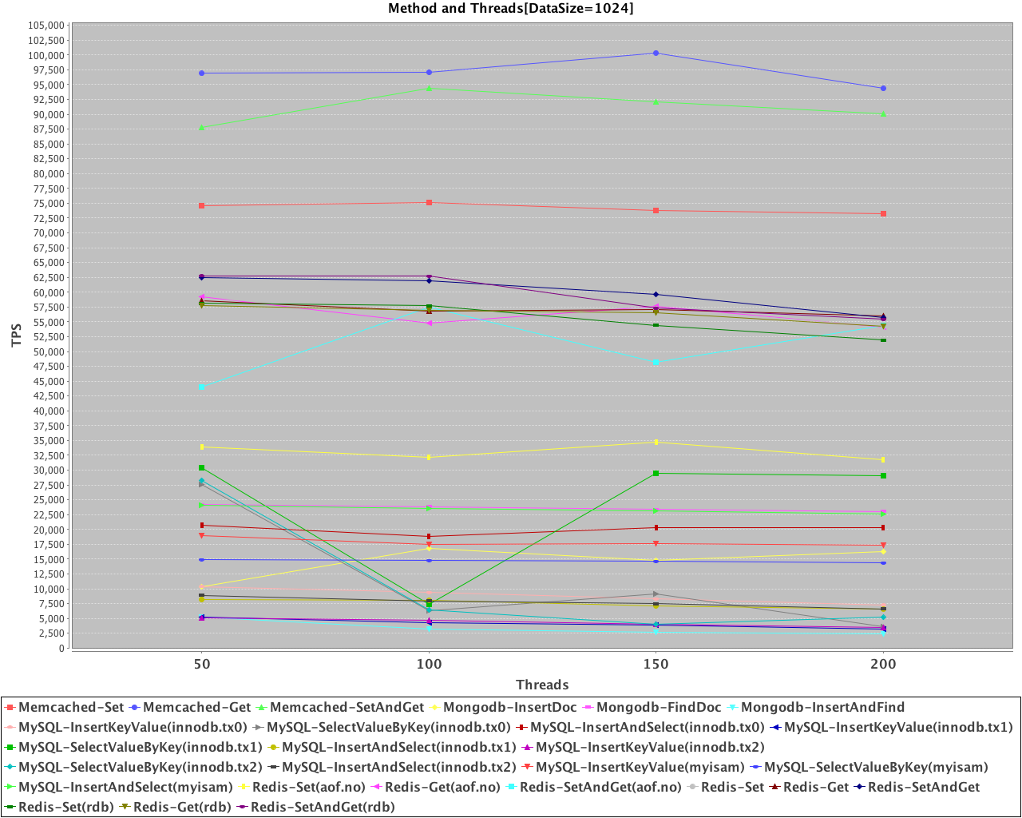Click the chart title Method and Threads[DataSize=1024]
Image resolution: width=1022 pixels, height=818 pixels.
[x=510, y=9]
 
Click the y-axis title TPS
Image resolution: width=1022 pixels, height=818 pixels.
[x=17, y=336]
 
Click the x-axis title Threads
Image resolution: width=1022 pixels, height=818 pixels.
[x=542, y=685]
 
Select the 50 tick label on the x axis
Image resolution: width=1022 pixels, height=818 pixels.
[x=202, y=664]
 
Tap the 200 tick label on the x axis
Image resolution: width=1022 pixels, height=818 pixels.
[x=882, y=664]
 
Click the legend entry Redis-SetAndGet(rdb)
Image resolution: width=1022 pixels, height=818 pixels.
[x=323, y=807]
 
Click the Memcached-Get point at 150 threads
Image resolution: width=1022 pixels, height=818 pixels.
[x=656, y=54]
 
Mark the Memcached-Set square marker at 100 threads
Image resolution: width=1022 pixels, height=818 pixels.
[x=429, y=202]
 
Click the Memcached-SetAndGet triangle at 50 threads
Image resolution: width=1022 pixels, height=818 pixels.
[x=202, y=128]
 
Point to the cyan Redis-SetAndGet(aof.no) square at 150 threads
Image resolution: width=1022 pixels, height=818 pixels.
[x=656, y=362]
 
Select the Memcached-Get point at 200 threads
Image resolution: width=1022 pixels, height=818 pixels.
[x=882, y=88]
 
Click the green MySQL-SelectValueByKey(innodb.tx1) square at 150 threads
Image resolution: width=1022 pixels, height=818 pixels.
[x=656, y=474]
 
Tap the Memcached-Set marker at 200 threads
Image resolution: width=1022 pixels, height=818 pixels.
[x=882, y=214]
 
